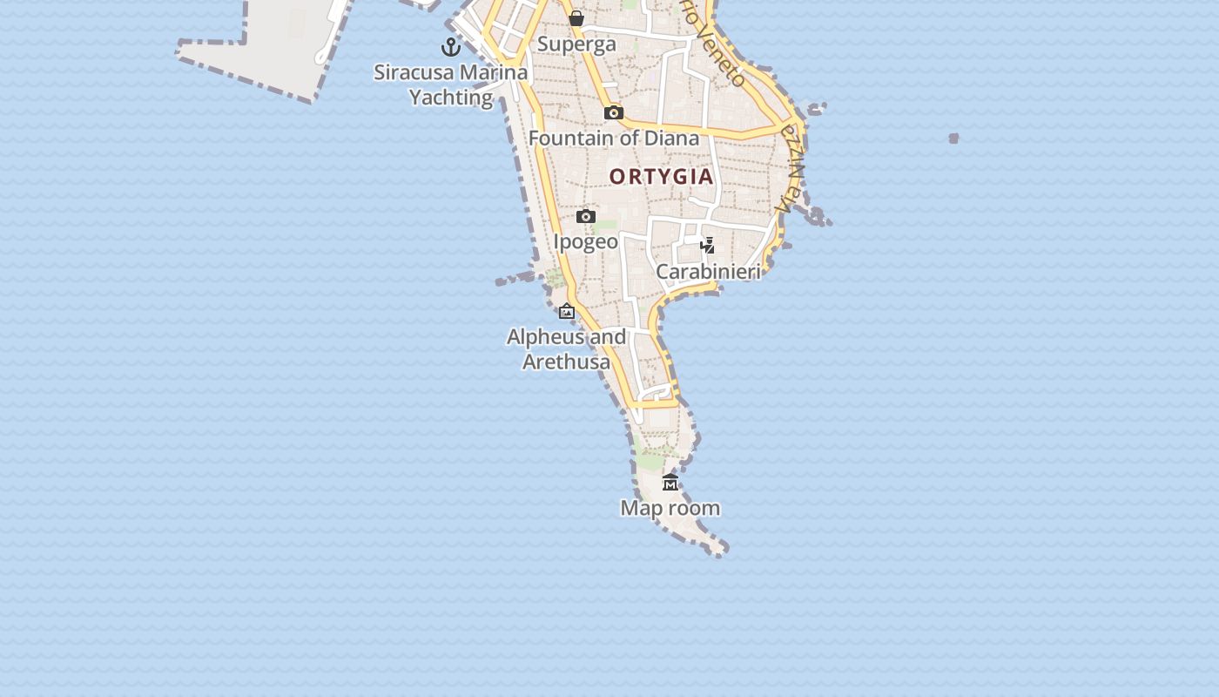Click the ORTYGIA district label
click(661, 177)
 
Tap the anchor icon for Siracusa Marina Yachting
click(451, 47)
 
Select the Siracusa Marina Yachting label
click(451, 85)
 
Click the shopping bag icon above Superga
click(576, 18)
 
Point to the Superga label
click(576, 44)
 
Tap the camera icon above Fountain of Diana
click(614, 112)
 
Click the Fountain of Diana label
click(614, 139)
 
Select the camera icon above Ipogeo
click(586, 216)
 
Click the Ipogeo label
click(586, 242)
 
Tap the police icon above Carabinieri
click(708, 246)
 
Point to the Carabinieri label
click(708, 272)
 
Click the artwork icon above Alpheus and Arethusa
click(567, 311)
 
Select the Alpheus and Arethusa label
click(567, 349)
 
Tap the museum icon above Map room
click(670, 483)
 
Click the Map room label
click(670, 508)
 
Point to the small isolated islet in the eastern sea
click(953, 138)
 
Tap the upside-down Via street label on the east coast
click(791, 170)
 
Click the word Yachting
click(451, 98)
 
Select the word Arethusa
click(567, 362)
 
